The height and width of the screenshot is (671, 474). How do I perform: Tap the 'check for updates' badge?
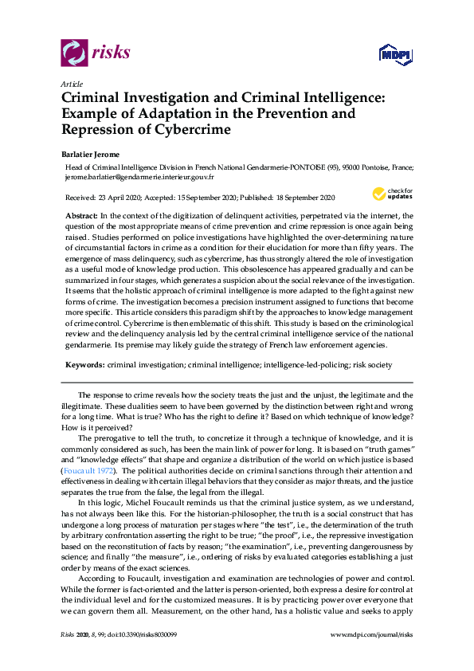(x=392, y=194)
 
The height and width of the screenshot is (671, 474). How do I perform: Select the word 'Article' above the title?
(x=71, y=84)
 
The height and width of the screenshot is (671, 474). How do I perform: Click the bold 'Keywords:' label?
(x=84, y=363)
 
